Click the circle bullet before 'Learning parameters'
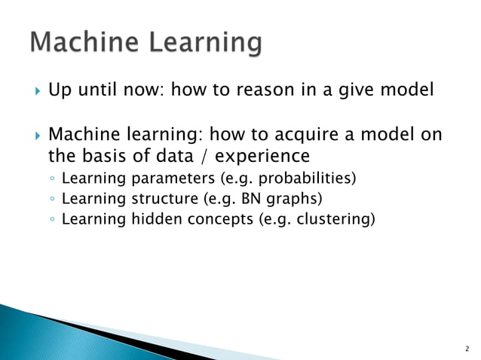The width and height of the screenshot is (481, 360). (51, 179)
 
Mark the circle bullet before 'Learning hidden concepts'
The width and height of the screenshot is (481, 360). (51, 220)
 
